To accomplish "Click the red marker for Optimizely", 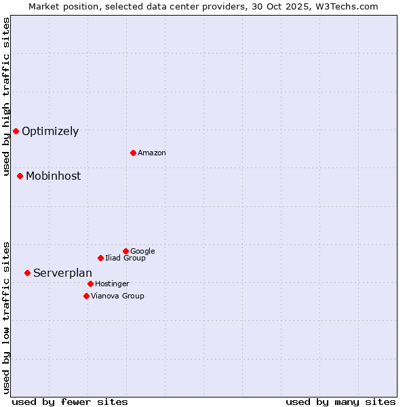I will (16, 131).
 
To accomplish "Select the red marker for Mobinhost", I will (20, 176).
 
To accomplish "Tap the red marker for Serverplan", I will (27, 273).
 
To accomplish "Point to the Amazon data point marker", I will (133, 153).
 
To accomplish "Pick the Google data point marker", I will (125, 251).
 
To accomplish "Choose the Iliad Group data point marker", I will (100, 258).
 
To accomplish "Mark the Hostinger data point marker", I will (90, 284).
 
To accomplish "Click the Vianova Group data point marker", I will (86, 296).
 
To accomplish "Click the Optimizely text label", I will (50, 132).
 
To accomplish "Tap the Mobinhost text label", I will (53, 176).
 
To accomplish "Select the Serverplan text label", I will (62, 273).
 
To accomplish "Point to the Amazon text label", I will (152, 153).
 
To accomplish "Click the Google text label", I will (142, 252).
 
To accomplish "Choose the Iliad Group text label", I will (125, 258).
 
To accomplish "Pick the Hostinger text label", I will (112, 284).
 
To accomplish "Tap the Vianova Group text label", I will (117, 296).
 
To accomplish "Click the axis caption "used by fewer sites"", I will (70, 402).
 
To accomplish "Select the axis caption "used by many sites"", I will (341, 402).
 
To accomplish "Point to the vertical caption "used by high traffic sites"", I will (6, 96).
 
